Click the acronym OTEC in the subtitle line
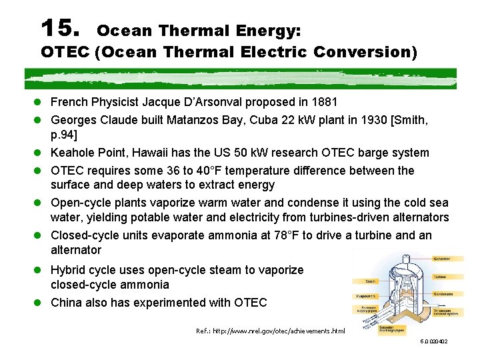pos(65,51)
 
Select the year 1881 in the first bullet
pos(325,102)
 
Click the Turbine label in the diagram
pos(441,276)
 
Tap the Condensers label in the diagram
pos(445,294)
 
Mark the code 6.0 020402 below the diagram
pos(434,342)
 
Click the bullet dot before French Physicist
pos(41,103)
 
